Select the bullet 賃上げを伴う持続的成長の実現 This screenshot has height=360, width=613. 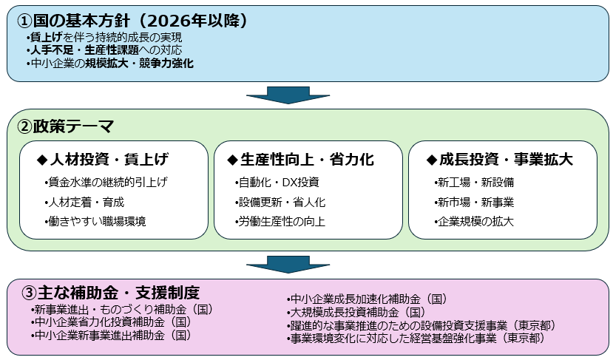(104, 37)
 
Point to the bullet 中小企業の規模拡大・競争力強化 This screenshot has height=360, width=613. (110, 64)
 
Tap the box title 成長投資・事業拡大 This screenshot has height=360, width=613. (501, 160)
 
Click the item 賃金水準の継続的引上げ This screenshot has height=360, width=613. (106, 182)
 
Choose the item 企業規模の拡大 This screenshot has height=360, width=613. (474, 221)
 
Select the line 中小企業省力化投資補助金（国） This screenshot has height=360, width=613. (112, 322)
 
